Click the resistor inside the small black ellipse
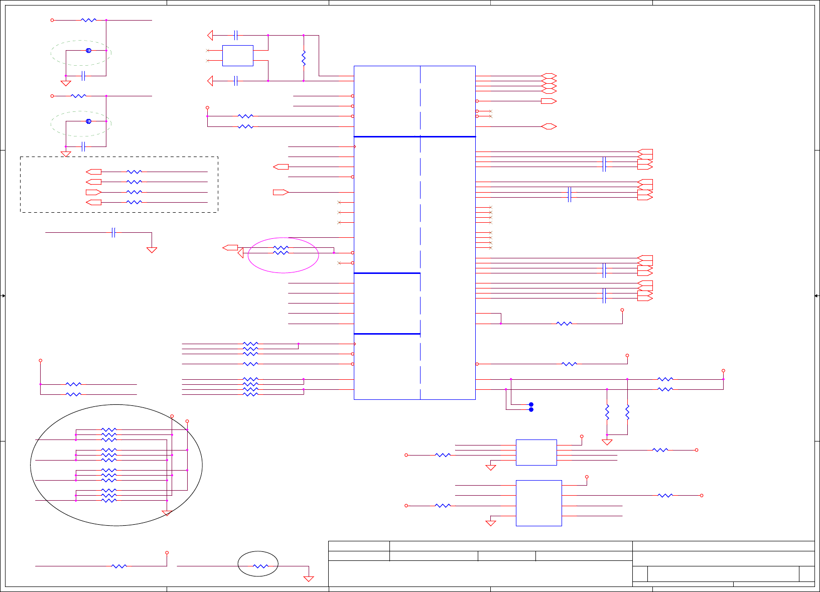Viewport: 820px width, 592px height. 260,566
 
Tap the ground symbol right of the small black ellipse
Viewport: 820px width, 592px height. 309,578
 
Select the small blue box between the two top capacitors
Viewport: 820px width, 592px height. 237,56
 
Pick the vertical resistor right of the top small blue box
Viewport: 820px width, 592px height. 304,58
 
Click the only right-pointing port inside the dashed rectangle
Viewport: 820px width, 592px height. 93,192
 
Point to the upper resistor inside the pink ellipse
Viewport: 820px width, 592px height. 281,248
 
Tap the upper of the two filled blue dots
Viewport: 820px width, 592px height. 531,404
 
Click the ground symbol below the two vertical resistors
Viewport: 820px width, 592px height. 607,442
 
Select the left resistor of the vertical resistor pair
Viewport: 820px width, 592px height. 607,412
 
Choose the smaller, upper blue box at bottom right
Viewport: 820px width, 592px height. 536,453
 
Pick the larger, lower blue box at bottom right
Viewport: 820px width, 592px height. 538,503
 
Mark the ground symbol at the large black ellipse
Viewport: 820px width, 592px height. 167,513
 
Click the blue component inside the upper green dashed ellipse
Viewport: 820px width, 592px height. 88,51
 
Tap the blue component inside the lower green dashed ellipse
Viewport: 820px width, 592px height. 88,121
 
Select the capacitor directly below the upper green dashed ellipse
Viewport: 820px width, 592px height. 84,76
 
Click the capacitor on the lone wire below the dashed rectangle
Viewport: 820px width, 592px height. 114,232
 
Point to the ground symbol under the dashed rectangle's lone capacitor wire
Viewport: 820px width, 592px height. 152,249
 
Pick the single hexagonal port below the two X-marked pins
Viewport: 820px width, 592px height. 549,126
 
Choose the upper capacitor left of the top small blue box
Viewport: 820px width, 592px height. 236,35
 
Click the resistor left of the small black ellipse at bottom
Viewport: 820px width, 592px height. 119,566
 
